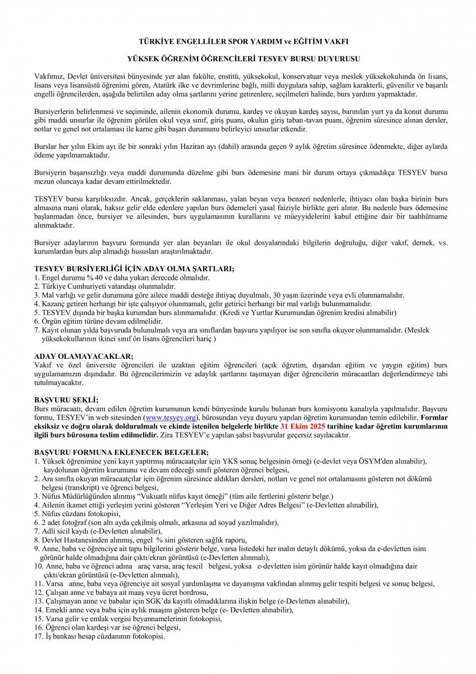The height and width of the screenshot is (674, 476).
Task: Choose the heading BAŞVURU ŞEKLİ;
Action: coord(66,400)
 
